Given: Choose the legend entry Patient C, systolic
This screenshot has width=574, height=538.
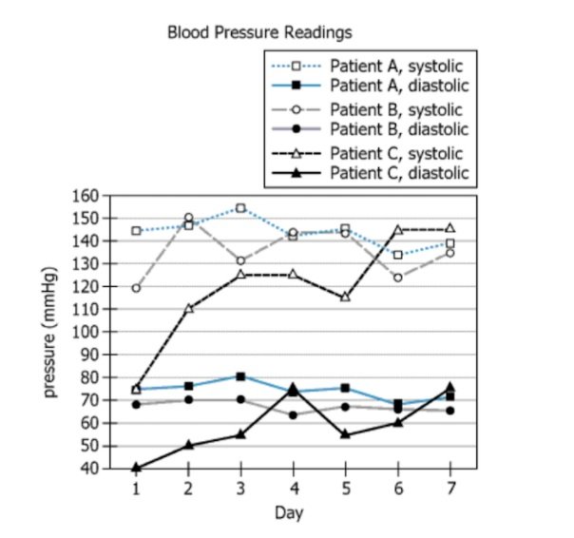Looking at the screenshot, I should (396, 153).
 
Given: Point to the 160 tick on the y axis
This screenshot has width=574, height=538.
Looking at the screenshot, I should (86, 196).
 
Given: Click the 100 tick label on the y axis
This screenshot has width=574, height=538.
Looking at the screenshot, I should (86, 332).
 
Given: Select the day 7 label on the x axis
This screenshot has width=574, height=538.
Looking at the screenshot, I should (450, 488).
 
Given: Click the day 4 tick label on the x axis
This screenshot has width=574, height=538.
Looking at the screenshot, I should (293, 488).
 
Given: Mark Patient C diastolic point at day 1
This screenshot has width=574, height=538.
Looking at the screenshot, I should (136, 468).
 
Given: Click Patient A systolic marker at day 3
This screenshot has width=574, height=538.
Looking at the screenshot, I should (241, 207).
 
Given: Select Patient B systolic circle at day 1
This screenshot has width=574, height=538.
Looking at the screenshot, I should (136, 287).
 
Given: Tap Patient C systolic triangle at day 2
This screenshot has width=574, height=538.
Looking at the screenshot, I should (188, 308).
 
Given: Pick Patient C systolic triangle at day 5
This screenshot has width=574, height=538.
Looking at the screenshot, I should (346, 297).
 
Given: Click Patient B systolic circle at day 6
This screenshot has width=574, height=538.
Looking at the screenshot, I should (398, 278).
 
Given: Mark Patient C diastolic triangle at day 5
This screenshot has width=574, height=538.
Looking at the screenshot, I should (346, 434).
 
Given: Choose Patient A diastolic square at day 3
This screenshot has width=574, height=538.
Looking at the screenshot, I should (241, 376).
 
